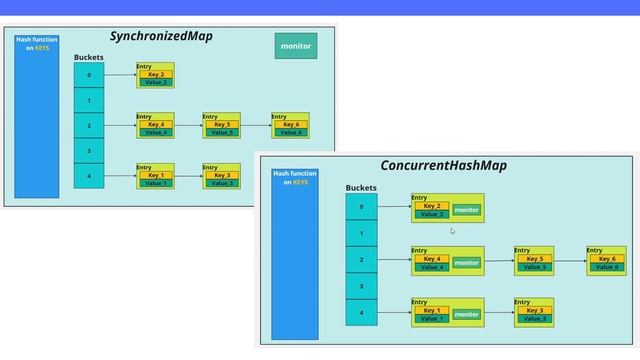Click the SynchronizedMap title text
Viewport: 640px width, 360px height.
(x=161, y=37)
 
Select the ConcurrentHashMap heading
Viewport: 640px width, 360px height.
(x=443, y=165)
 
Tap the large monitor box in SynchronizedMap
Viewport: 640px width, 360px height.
(x=295, y=46)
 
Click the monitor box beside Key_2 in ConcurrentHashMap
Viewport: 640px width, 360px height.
(x=466, y=210)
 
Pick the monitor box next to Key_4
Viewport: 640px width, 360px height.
(x=466, y=263)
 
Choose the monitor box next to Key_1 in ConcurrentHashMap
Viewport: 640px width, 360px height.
(x=466, y=314)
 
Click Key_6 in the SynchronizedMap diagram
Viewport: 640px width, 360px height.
(x=291, y=125)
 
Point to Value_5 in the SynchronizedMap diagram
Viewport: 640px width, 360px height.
(x=222, y=132)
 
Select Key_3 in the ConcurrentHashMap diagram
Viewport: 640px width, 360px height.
(x=534, y=311)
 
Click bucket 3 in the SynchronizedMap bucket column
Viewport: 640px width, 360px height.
(x=88, y=151)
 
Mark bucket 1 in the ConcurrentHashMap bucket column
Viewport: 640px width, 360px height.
(x=361, y=234)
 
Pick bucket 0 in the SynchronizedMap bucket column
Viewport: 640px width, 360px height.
(x=88, y=75)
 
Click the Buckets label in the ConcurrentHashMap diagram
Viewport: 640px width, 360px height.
(x=361, y=188)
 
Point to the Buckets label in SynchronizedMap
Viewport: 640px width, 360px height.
(x=88, y=58)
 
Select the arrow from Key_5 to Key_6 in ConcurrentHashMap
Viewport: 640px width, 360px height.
(x=570, y=261)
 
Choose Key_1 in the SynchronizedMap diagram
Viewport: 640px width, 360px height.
(x=155, y=175)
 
